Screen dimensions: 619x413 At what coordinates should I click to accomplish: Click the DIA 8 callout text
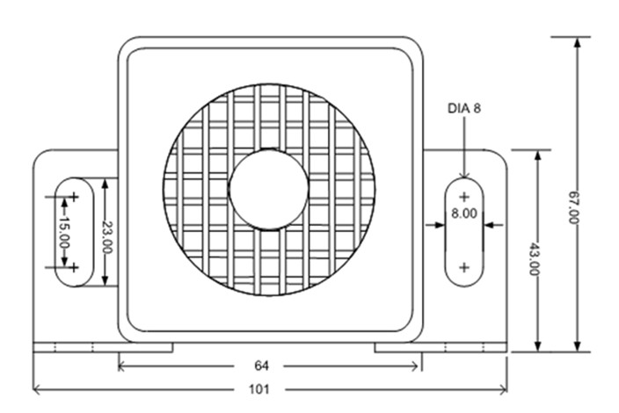tap(464, 108)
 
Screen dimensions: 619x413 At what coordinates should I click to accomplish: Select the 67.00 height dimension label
tap(573, 207)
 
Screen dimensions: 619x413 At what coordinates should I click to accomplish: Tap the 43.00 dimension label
tap(534, 258)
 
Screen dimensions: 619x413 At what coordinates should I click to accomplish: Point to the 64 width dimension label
tap(261, 366)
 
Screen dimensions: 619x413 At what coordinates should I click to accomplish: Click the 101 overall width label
tap(259, 390)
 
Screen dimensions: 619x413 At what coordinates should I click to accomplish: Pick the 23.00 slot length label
tap(107, 237)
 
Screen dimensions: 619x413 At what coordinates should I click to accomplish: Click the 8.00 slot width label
tap(464, 214)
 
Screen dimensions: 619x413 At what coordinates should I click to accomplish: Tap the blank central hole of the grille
tap(269, 189)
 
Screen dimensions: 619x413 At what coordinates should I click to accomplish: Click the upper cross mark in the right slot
tap(464, 197)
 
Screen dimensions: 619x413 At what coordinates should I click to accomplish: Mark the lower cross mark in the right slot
tap(464, 268)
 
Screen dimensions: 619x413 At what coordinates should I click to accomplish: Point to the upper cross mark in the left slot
tap(74, 197)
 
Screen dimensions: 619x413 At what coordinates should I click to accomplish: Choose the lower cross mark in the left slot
tap(74, 268)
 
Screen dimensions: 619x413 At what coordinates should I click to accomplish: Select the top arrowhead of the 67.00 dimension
tap(578, 42)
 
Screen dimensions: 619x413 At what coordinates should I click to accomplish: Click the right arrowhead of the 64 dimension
tap(414, 366)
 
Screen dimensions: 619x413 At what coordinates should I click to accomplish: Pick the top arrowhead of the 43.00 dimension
tap(537, 156)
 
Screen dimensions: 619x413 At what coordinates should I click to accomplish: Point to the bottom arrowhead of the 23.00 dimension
tap(105, 280)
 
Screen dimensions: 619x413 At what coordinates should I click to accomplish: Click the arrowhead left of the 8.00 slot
tap(440, 225)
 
